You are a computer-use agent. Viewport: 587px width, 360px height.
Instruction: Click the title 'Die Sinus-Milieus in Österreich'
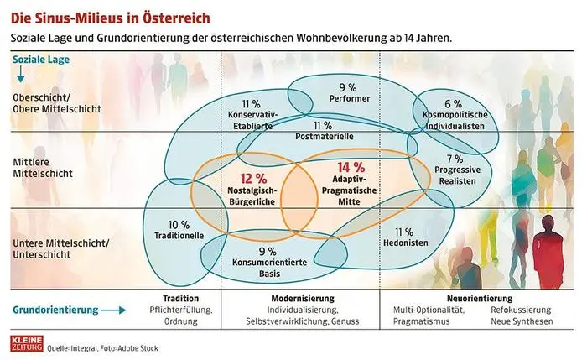click(105, 15)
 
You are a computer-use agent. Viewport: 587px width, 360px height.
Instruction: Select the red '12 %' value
click(252, 178)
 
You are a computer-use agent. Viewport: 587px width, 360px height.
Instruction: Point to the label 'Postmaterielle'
click(317, 135)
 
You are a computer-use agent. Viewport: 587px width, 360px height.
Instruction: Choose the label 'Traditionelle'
click(179, 236)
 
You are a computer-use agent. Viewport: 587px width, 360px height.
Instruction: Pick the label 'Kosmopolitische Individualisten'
click(454, 117)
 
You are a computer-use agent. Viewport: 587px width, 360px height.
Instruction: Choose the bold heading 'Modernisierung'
click(303, 299)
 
